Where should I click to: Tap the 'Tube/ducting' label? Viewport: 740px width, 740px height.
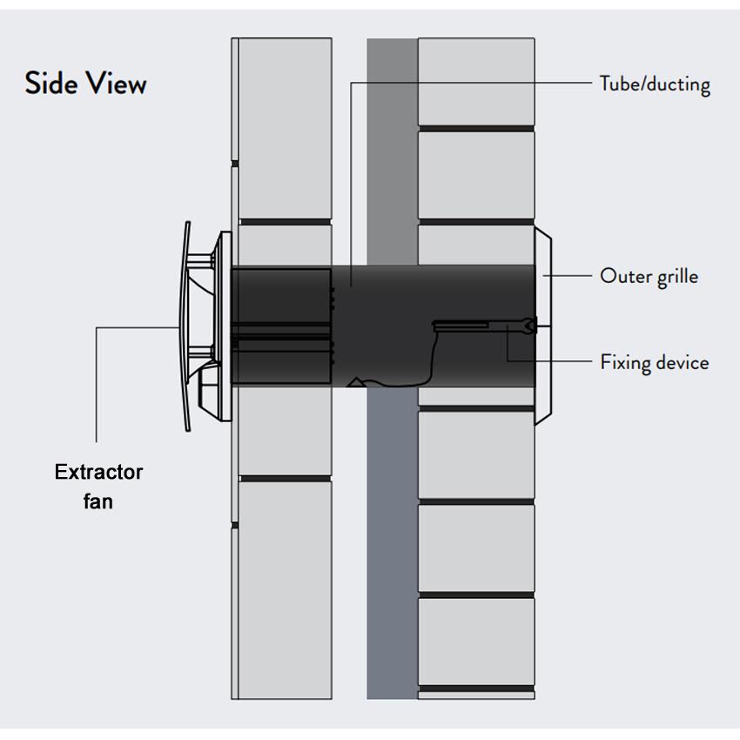655,84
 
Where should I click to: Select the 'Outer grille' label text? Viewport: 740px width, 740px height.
649,277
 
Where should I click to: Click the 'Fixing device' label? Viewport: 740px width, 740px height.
654,362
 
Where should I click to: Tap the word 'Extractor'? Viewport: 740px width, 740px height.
98,473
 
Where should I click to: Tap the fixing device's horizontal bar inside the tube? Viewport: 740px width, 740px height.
461,326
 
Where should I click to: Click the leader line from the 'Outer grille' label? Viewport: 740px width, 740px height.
570,277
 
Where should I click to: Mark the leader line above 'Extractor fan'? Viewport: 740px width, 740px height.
97,383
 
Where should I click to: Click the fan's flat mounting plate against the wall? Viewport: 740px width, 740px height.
225,326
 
